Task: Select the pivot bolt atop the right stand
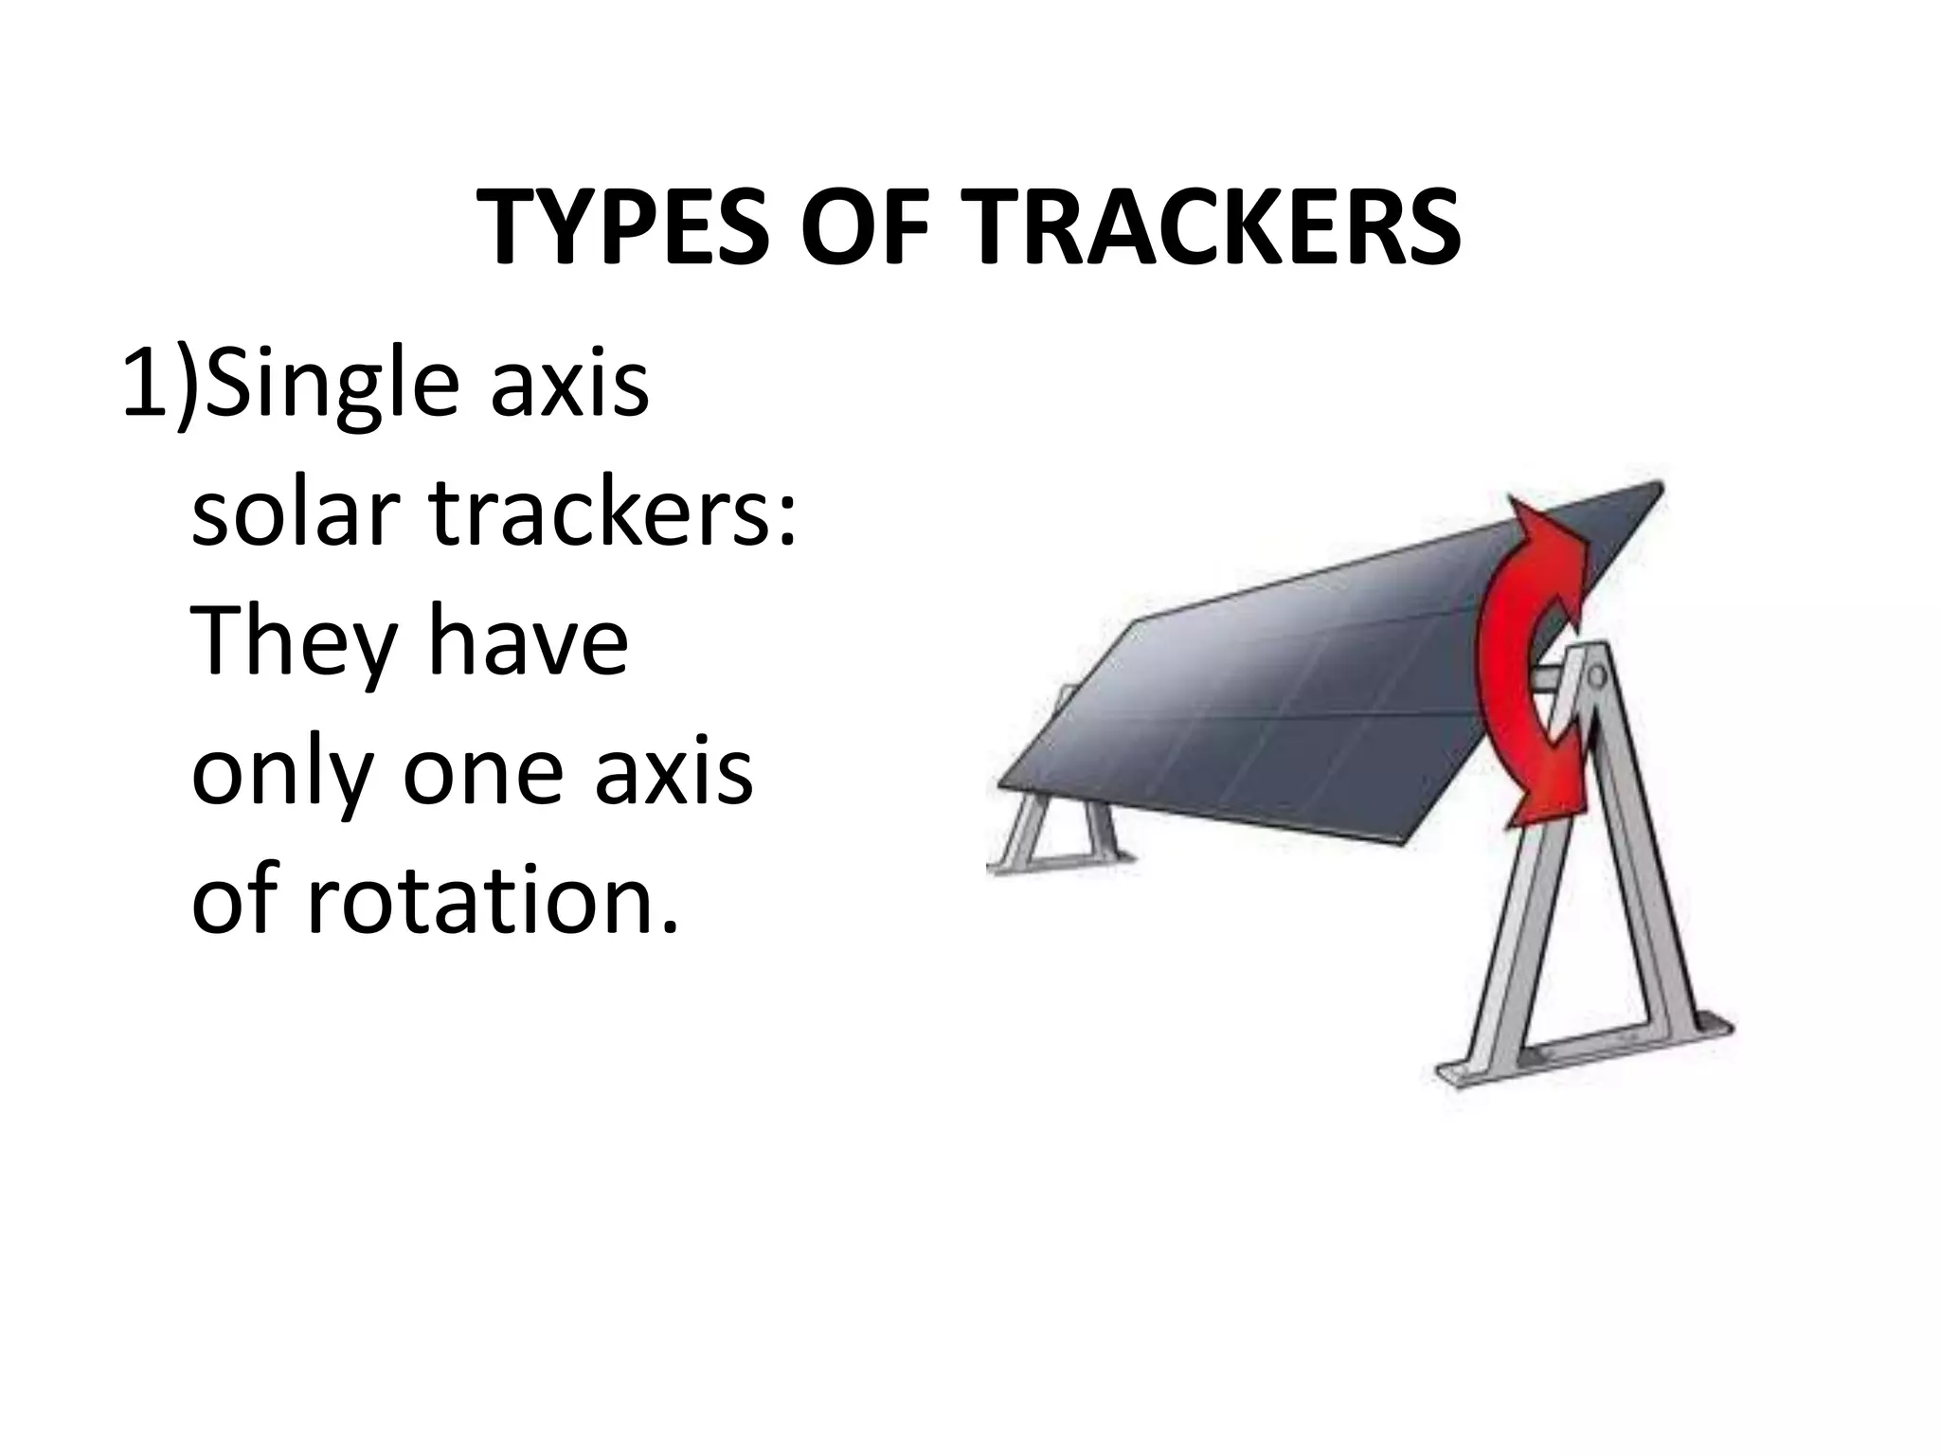pyautogui.click(x=1598, y=676)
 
